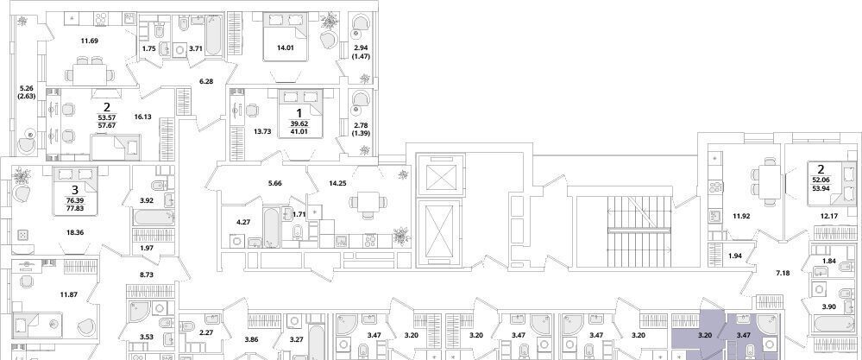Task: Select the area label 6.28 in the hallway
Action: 206,81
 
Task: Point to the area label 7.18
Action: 783,273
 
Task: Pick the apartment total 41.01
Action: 299,132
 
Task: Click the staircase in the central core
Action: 639,231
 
